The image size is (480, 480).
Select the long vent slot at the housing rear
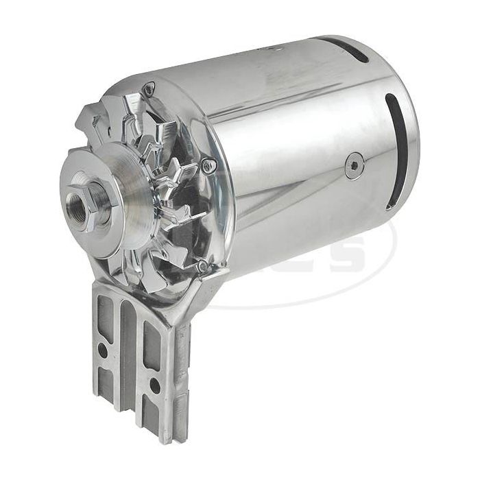(393, 147)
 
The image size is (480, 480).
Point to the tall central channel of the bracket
(128, 357)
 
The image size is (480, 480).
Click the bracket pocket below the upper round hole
(104, 381)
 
